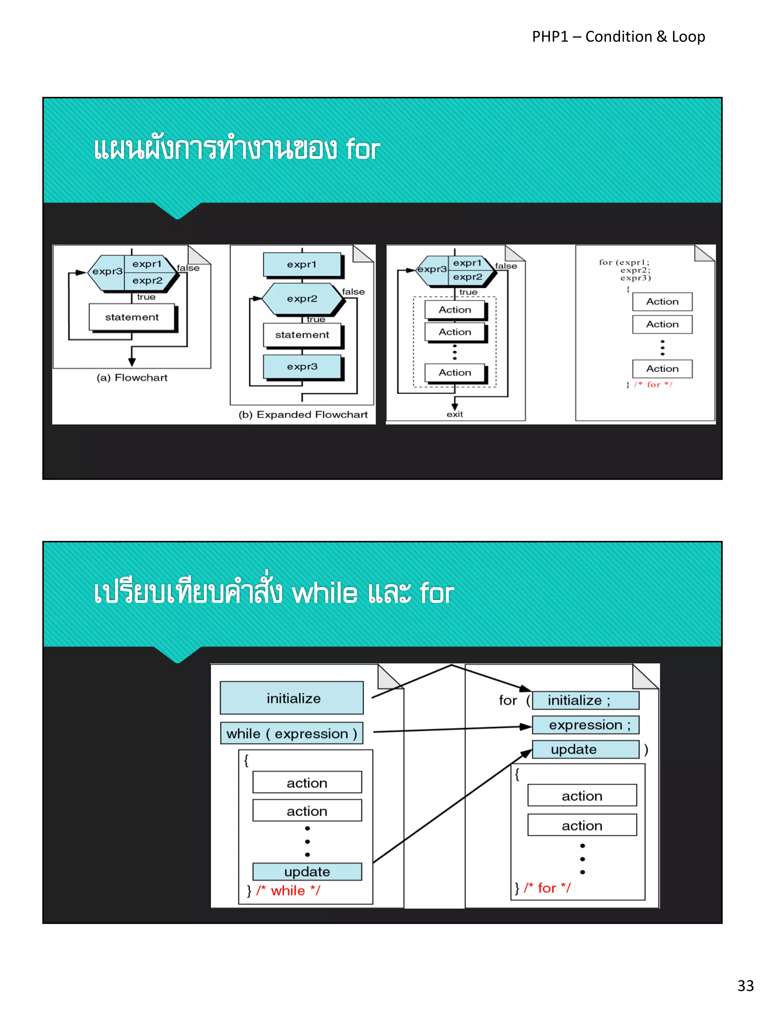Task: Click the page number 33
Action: [745, 985]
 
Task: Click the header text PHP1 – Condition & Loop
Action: [618, 37]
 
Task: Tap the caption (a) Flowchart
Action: [132, 378]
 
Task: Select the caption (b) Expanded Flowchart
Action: [303, 415]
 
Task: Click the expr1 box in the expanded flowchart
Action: [302, 264]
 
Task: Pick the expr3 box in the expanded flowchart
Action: [302, 366]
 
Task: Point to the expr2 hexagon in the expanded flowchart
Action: [302, 299]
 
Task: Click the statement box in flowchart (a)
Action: [132, 317]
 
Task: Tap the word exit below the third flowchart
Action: [455, 414]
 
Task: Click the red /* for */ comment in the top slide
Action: [653, 384]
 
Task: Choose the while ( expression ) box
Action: [292, 734]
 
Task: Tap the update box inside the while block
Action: [307, 871]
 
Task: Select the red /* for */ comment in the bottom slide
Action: [547, 888]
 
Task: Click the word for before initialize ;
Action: [508, 700]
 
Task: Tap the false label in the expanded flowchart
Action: [353, 292]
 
